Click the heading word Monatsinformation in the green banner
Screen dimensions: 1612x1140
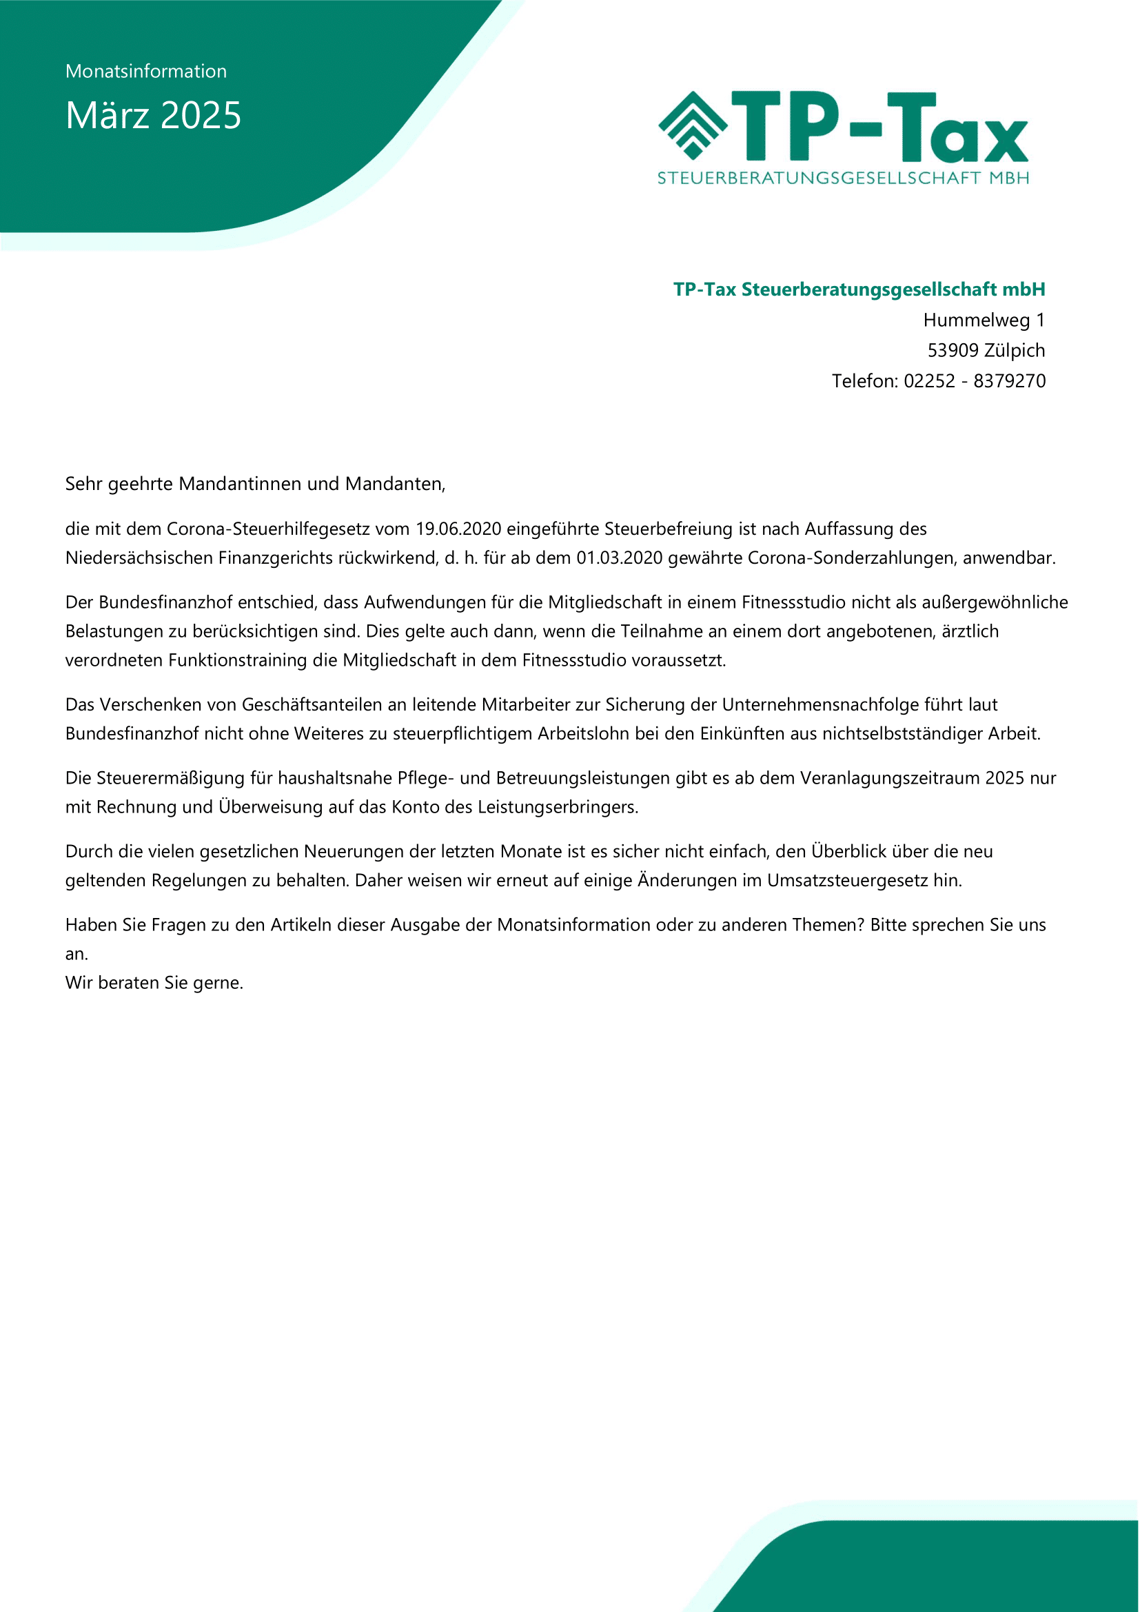coord(146,72)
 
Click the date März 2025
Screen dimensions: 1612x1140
coord(153,115)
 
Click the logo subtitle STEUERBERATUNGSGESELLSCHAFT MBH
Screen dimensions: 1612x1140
coord(843,178)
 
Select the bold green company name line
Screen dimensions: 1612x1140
coord(859,289)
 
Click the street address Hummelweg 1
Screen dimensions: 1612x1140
coord(984,320)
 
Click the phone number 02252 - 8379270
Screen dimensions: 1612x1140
coord(975,380)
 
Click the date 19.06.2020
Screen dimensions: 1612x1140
coord(458,529)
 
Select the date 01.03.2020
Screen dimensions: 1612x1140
coord(619,558)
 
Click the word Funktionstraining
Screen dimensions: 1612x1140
coord(238,661)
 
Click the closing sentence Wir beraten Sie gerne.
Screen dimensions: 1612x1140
coord(154,982)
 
